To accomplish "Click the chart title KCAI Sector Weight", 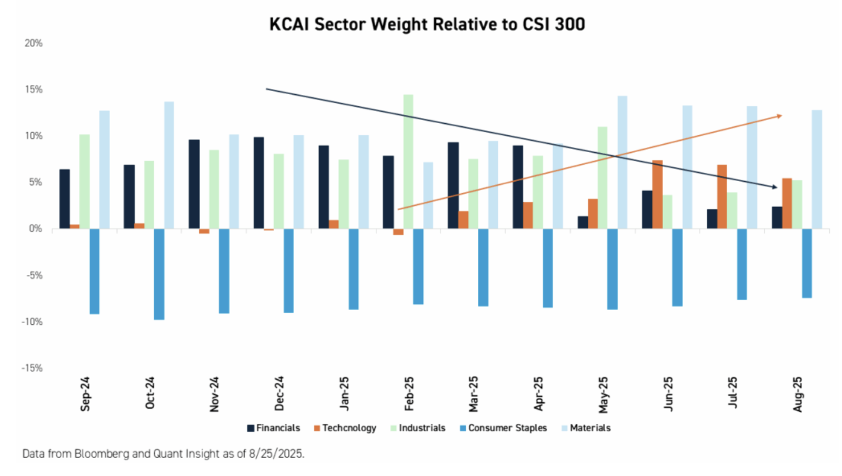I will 427,24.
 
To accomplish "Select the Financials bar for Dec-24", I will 258,183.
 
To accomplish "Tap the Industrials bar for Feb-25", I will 408,162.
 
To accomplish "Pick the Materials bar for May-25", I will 622,162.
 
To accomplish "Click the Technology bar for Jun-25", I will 657,194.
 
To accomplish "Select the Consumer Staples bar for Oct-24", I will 159,274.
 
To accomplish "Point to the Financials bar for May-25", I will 583,222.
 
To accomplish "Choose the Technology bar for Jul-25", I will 722,197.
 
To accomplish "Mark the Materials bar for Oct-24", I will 169,165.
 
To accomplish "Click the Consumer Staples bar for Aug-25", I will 806,263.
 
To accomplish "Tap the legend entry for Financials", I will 274,428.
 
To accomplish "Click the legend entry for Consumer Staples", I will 503,428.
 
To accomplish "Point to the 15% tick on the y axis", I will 33,90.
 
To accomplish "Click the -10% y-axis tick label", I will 32,322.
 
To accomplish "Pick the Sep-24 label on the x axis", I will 85,394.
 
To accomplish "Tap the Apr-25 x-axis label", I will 538,394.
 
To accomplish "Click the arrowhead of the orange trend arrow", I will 779,116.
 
